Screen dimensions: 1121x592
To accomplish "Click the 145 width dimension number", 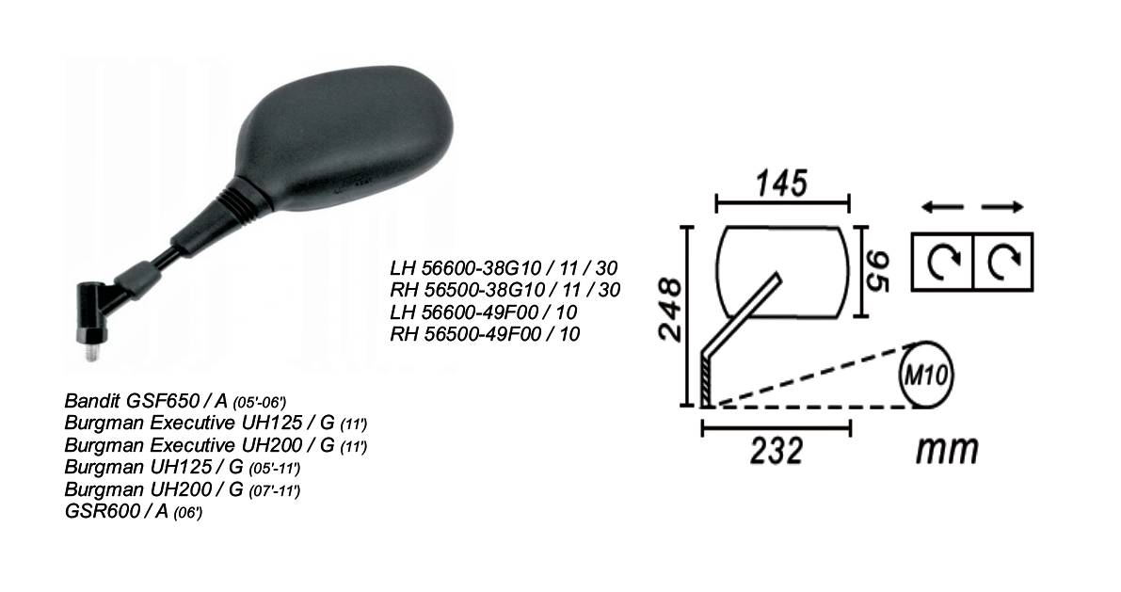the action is click(783, 183).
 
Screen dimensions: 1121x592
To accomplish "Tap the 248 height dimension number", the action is click(670, 310).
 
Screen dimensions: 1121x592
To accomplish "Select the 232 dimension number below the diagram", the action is click(777, 451).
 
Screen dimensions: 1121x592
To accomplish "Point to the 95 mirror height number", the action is click(878, 271).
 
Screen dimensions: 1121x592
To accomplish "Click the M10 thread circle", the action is click(926, 375).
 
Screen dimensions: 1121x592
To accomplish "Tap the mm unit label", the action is click(947, 450).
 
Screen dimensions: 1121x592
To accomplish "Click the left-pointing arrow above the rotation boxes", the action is click(942, 207).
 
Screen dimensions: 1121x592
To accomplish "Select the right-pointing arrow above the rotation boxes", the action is click(1002, 207).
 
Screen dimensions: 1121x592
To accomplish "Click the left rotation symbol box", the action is click(942, 261).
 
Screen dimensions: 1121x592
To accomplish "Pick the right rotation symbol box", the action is click(1003, 261).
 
